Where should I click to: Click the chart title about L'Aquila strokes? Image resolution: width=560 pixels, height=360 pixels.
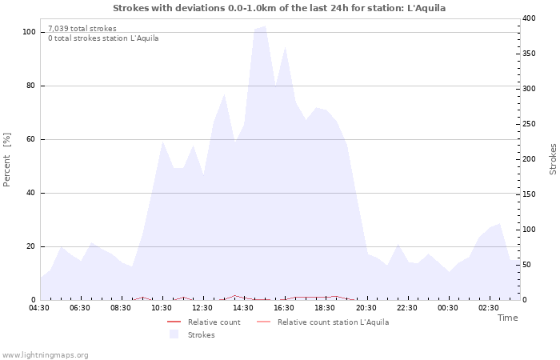[x=279, y=8]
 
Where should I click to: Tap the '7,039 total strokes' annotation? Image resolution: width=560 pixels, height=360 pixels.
[x=82, y=29]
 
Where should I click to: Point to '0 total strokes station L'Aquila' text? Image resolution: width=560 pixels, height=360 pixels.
[x=103, y=38]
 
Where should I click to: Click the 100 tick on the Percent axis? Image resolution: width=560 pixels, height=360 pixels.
[x=29, y=32]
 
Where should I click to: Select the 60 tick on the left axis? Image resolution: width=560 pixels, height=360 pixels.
[x=30, y=139]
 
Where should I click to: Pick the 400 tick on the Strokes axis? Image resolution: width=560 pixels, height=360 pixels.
[x=529, y=18]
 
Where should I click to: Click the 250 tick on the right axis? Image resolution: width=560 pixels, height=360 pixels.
[x=529, y=124]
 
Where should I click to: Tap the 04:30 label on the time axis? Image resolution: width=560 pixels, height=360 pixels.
[x=39, y=308]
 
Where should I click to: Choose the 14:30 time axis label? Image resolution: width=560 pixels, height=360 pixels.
[x=243, y=308]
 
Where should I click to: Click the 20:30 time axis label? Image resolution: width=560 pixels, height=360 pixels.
[x=366, y=308]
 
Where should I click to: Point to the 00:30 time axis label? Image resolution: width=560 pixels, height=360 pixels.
[x=447, y=308]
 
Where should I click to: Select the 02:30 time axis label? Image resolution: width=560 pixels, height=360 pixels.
[x=488, y=308]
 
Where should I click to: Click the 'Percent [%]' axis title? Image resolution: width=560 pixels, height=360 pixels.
[x=7, y=160]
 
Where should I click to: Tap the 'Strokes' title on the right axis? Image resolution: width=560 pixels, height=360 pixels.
[x=553, y=159]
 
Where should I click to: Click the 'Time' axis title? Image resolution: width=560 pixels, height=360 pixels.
[x=507, y=318]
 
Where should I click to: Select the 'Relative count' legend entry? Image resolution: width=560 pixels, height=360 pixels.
[x=214, y=322]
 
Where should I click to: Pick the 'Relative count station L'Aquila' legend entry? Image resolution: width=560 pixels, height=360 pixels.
[x=333, y=322]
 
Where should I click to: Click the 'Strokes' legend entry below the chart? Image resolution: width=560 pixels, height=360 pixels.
[x=201, y=335]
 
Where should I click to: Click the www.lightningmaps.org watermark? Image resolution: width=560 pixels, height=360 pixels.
[x=45, y=355]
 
